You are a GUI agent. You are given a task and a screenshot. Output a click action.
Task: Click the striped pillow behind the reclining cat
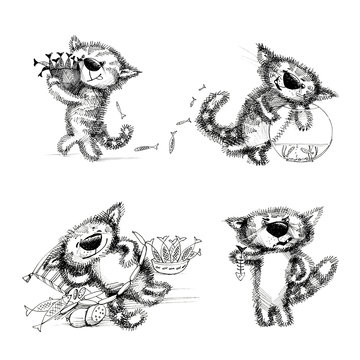coord(50,262)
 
